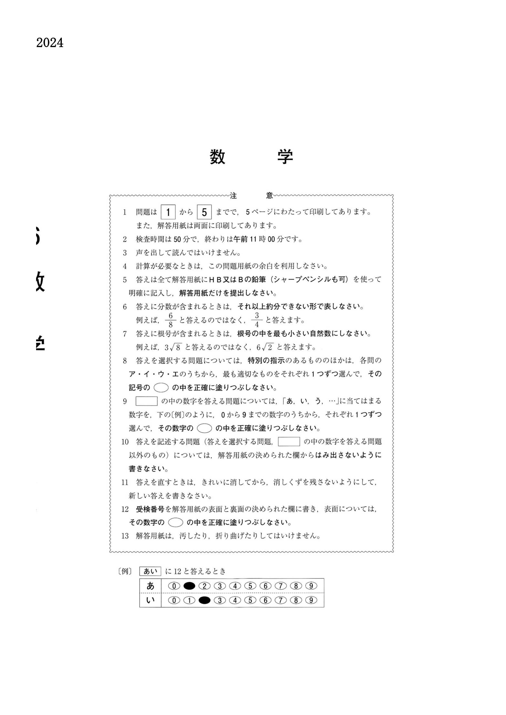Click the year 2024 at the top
point(50,43)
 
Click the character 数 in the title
point(217,157)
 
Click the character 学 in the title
point(285,157)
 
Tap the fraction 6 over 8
point(171,320)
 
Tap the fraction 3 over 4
point(257,320)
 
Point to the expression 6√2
point(265,347)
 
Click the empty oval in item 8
point(161,388)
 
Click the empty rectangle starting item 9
point(146,401)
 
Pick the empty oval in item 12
point(175,522)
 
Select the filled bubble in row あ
point(189,586)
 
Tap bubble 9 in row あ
point(311,586)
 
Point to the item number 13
point(125,536)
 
